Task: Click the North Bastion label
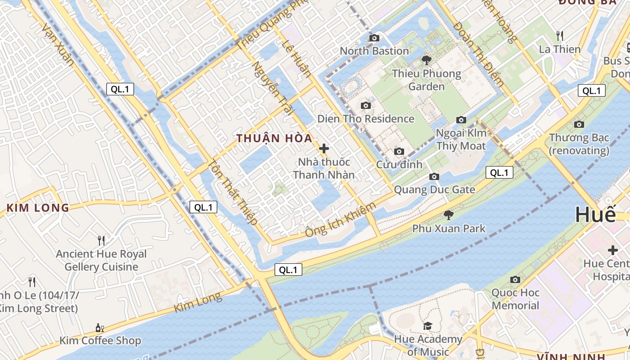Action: pos(374,51)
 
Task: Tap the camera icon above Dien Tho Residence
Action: pos(366,105)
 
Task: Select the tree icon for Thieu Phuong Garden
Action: pos(426,59)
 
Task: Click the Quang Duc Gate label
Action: pos(434,189)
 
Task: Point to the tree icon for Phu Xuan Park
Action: pos(448,215)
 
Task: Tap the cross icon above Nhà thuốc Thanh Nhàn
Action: pos(324,148)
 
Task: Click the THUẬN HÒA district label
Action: pos(274,138)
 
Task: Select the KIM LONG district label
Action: pos(38,208)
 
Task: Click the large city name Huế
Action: pos(595,215)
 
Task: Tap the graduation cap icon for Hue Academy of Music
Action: pos(427,325)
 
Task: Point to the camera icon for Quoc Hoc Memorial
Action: pos(515,279)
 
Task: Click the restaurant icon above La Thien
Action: pos(560,35)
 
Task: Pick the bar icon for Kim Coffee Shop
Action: pos(100,327)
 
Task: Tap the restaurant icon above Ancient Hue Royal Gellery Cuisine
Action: pos(101,241)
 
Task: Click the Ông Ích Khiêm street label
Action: pos(340,220)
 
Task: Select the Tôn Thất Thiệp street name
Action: pos(234,193)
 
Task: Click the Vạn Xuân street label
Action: pos(58,45)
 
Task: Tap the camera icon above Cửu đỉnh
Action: pos(399,151)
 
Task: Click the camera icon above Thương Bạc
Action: pos(579,124)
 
